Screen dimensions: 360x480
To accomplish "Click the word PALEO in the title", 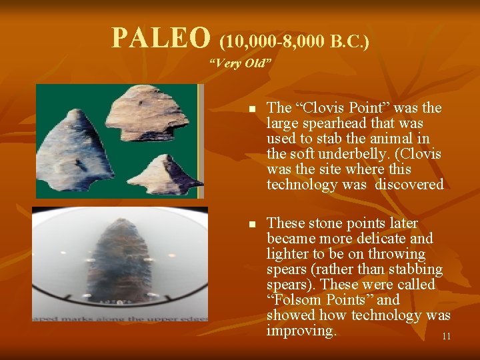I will click(161, 39).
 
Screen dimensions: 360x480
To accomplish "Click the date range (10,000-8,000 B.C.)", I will click(294, 42).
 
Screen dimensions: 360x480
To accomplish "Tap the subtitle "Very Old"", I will click(239, 64).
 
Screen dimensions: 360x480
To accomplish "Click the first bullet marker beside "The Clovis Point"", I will click(252, 109).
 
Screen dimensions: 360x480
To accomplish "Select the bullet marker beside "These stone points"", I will click(252, 224).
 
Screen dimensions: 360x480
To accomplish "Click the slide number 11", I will click(446, 337).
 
